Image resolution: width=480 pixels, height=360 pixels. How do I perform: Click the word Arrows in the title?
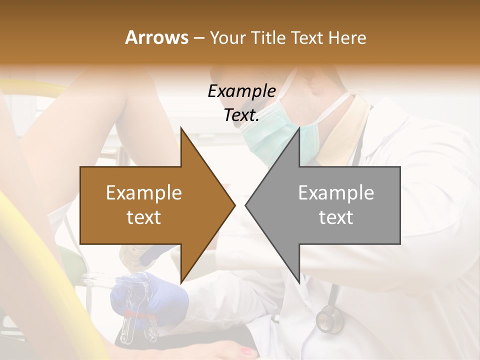tap(156, 37)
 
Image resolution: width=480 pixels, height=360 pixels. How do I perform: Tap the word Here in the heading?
tap(347, 37)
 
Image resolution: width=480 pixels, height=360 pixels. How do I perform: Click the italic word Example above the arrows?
tap(241, 91)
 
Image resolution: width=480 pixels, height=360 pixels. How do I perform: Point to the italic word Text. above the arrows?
tap(241, 115)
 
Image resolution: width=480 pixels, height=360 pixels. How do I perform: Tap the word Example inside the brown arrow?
tap(144, 193)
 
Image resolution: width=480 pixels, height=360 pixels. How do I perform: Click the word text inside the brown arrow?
tap(144, 217)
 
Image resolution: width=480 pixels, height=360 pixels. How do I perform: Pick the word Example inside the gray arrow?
tap(336, 193)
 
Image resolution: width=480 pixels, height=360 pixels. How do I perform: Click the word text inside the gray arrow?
tap(336, 217)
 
